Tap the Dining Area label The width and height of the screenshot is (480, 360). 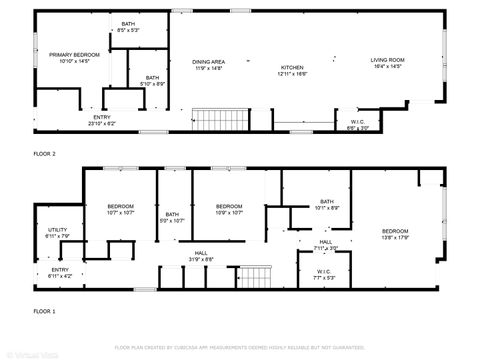(x=208, y=65)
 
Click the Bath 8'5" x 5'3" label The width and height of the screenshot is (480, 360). (x=129, y=27)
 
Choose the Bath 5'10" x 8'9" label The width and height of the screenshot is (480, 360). (x=151, y=80)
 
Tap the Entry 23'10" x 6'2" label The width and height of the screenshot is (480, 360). (x=102, y=120)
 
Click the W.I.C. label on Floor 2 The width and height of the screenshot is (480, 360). (x=357, y=125)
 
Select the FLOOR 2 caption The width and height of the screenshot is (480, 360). (x=45, y=153)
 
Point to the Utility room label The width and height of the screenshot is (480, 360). (x=57, y=233)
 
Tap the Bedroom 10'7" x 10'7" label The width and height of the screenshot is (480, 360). (x=120, y=209)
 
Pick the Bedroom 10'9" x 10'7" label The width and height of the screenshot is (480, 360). (x=230, y=209)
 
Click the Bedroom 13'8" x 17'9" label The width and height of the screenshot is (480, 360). (x=395, y=234)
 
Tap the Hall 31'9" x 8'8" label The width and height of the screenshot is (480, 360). (x=201, y=256)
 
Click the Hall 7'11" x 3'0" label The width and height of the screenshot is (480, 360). (x=326, y=244)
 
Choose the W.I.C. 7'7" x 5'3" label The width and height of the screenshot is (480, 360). (x=324, y=273)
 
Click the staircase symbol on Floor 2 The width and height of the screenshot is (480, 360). (x=212, y=121)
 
